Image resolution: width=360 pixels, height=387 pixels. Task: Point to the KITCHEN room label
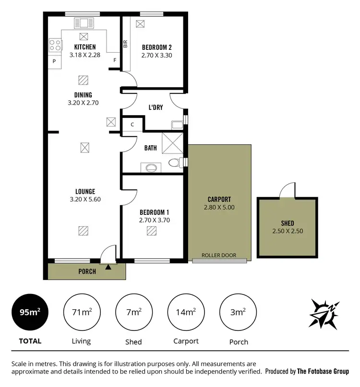click(84, 47)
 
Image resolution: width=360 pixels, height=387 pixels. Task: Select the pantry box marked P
click(54, 62)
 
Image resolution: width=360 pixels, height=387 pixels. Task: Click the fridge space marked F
click(114, 60)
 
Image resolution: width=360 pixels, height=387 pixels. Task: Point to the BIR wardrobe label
click(125, 44)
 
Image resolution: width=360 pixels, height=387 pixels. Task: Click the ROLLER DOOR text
click(218, 255)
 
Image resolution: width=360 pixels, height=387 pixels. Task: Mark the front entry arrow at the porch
click(108, 266)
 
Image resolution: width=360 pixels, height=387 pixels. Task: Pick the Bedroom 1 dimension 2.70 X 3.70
click(154, 221)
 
